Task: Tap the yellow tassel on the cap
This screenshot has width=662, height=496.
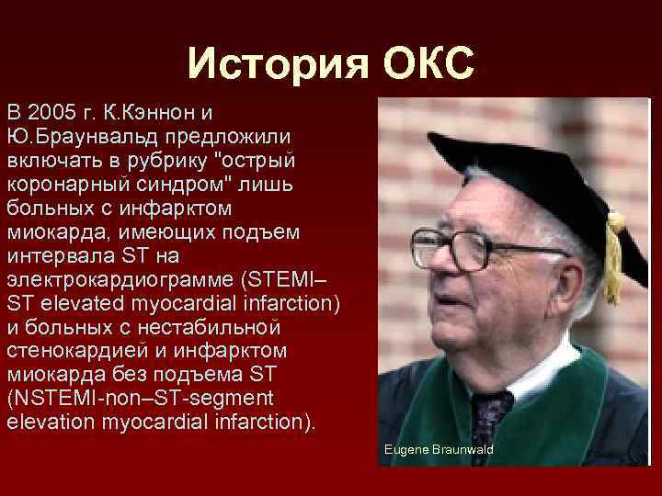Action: coord(614,257)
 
